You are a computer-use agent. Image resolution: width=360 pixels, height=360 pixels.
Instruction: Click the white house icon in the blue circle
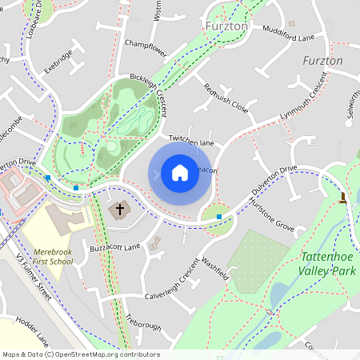pos(180,173)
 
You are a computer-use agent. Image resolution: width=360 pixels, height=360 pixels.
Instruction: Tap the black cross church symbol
pos(120,210)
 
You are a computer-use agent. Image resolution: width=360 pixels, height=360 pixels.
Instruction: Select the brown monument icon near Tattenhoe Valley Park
pos(343,197)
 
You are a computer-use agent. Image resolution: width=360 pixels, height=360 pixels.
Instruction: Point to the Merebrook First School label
pos(53,256)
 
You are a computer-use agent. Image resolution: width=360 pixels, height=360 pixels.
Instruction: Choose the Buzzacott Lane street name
pos(115,248)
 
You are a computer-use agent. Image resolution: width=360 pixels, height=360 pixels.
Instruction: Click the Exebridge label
pos(58,62)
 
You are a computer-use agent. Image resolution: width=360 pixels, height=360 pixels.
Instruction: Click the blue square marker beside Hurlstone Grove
pos(219,216)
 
